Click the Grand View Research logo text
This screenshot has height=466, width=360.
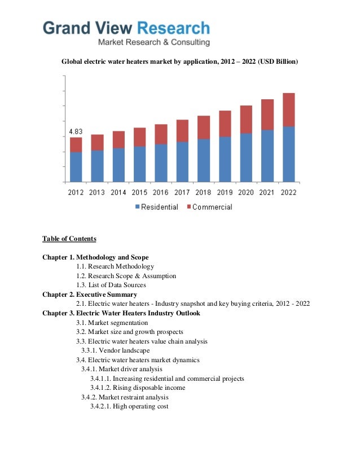126,28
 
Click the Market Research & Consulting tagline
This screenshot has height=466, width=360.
153,42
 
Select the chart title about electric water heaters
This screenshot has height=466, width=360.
179,61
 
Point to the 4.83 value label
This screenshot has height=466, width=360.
76,131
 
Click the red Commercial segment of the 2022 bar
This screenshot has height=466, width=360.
288,110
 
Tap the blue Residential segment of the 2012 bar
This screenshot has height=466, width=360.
76,167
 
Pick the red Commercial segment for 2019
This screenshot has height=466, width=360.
225,124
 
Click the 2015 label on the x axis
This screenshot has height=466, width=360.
139,192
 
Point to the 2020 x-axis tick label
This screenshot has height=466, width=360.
245,192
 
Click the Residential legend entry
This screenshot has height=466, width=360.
156,207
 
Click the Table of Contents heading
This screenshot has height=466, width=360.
69,239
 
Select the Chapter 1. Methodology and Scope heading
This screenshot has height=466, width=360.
95,257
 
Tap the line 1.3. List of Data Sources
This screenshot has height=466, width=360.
111,285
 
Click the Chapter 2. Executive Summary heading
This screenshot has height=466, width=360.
89,294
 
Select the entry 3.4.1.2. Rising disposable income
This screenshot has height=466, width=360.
137,388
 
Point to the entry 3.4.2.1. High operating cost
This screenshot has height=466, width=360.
129,406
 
